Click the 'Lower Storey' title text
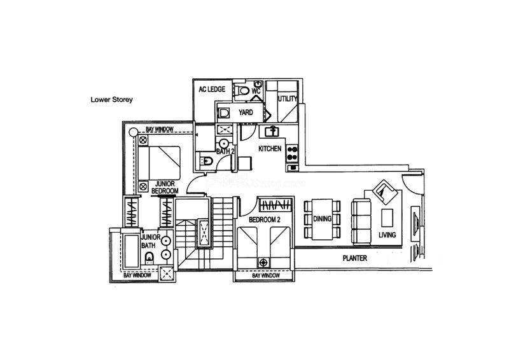[112, 100]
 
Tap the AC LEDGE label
[212, 89]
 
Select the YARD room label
[246, 113]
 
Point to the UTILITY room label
[288, 99]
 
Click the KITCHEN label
[270, 149]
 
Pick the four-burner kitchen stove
[292, 153]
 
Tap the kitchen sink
[272, 132]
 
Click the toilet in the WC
[242, 90]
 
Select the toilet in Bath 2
[206, 160]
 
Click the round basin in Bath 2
[224, 144]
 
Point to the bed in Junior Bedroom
[159, 163]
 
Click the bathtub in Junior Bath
[132, 251]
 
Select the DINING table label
[323, 219]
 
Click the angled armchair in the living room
[385, 192]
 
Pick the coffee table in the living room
[387, 218]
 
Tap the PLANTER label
[355, 258]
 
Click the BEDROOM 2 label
[264, 220]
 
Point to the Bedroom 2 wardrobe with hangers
[275, 205]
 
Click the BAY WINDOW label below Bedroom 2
[266, 275]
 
